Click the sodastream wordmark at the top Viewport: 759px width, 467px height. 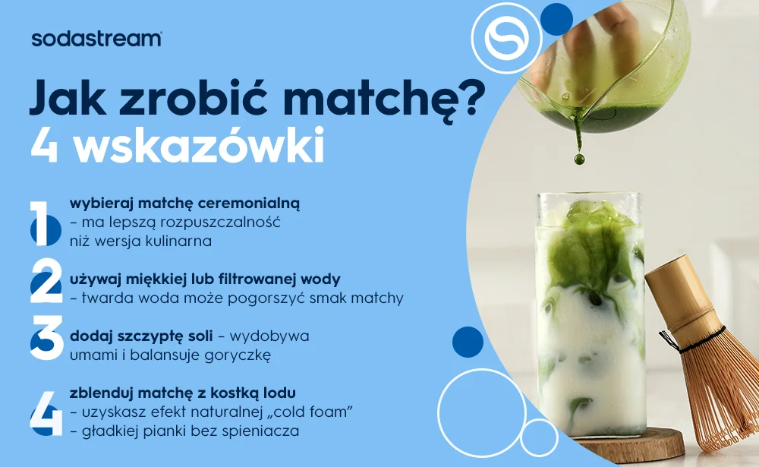[96, 39]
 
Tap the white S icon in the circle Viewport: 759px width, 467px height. [507, 38]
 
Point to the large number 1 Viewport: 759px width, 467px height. [44, 223]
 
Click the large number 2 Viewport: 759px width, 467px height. [46, 281]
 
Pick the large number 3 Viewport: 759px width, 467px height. [46, 338]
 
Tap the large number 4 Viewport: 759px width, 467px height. [46, 413]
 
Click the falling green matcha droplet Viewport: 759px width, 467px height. [579, 159]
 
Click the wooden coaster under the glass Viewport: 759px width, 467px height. [629, 443]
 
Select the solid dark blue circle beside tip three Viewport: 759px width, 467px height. [468, 342]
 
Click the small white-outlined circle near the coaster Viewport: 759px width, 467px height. [539, 437]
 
